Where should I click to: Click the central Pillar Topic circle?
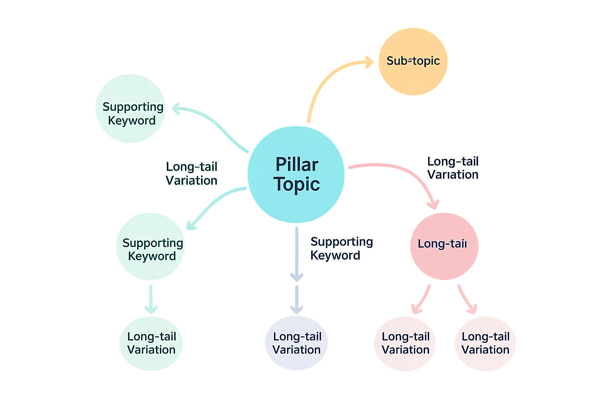pyautogui.click(x=296, y=174)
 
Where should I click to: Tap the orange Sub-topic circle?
pyautogui.click(x=413, y=61)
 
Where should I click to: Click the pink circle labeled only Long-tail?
pyautogui.click(x=444, y=246)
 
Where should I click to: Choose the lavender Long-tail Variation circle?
pyautogui.click(x=296, y=343)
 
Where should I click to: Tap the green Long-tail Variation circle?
pyautogui.click(x=151, y=343)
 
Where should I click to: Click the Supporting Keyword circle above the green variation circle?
pyautogui.click(x=151, y=247)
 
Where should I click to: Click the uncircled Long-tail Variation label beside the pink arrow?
pyautogui.click(x=453, y=168)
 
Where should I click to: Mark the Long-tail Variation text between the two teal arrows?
pyautogui.click(x=191, y=173)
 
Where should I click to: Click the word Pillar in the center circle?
pyautogui.click(x=297, y=164)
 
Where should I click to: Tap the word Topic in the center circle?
pyautogui.click(x=297, y=185)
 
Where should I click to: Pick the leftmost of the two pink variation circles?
pyautogui.click(x=405, y=343)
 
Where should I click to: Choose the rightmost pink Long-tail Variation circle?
pyautogui.click(x=485, y=343)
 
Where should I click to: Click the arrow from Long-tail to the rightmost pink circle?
pyautogui.click(x=466, y=299)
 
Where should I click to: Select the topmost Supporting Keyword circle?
pyautogui.click(x=130, y=109)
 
